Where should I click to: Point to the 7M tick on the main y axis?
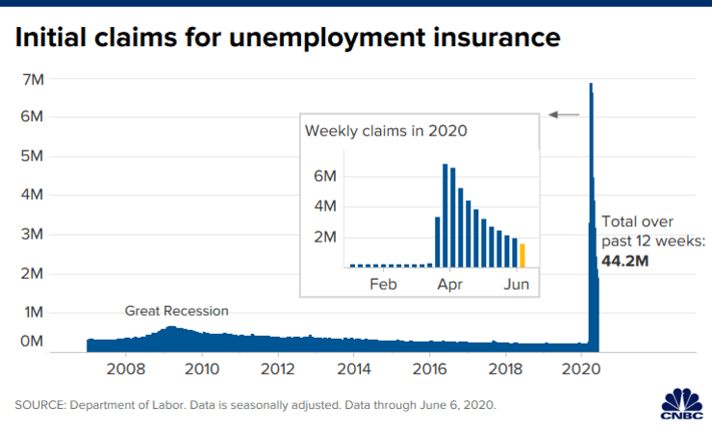coord(33,79)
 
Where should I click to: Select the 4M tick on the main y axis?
coord(33,194)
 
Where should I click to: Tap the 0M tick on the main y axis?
coord(33,341)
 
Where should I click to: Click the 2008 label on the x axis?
coord(126,369)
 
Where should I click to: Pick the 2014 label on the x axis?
coord(354,369)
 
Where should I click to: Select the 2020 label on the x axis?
coord(582,369)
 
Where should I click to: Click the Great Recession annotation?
coord(177,311)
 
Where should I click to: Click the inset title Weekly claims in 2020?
coord(386,131)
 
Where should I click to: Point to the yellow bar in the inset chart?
coord(522,255)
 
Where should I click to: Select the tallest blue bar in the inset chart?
coord(445,215)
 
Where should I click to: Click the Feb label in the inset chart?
coord(383,284)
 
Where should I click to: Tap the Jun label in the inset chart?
coord(517,284)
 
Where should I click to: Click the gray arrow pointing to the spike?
coord(565,115)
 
